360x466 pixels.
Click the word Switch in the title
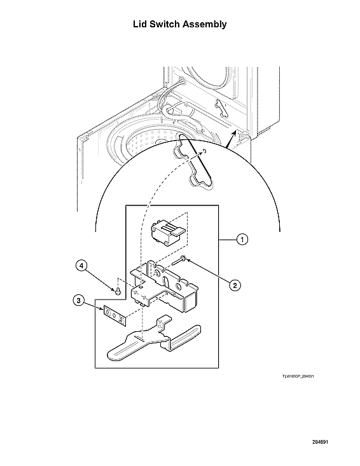click(167, 24)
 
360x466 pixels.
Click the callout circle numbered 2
click(234, 285)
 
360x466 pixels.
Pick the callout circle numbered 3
click(77, 301)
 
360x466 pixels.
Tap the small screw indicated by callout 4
click(118, 291)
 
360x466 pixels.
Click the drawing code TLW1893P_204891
click(298, 376)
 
